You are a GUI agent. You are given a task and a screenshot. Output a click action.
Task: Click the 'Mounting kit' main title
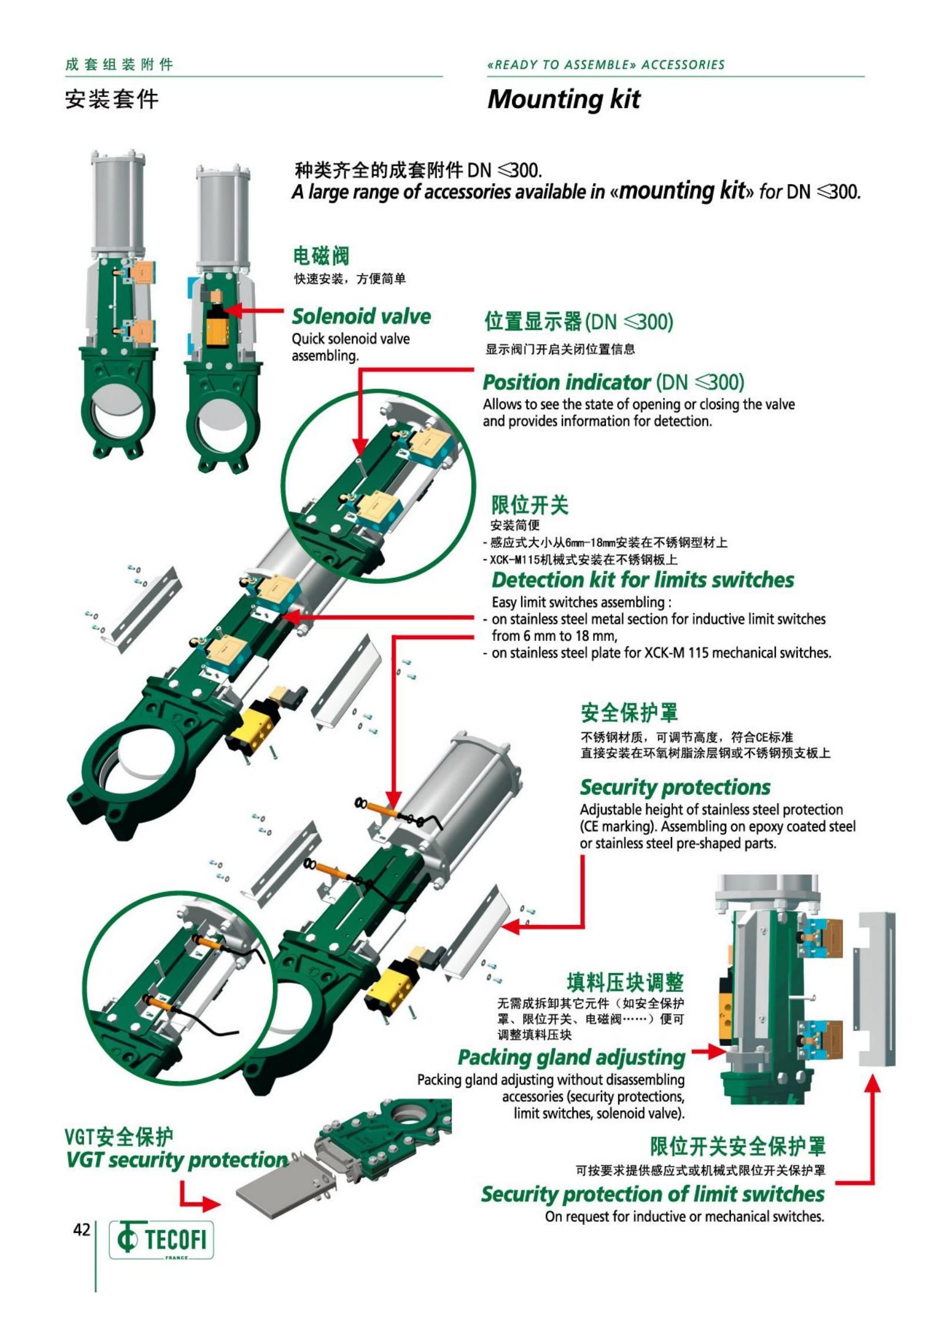point(564,99)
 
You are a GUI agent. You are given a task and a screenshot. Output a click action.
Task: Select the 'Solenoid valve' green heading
point(361,316)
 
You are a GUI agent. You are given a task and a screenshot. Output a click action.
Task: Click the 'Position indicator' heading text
point(566,382)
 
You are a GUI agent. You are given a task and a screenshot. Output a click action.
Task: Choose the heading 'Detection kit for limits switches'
point(643,580)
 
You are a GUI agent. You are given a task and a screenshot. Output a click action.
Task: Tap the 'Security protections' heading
point(675,787)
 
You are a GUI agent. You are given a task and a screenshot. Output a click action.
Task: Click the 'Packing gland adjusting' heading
point(571,1057)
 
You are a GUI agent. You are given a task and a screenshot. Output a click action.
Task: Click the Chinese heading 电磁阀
point(321,256)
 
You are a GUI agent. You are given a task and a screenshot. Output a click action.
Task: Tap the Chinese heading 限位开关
point(530,504)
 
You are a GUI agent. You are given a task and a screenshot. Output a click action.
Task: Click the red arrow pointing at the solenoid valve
point(254,310)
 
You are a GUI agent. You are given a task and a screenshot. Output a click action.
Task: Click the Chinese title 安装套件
point(112,99)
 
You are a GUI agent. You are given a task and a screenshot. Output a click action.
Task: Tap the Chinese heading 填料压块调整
point(626,982)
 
